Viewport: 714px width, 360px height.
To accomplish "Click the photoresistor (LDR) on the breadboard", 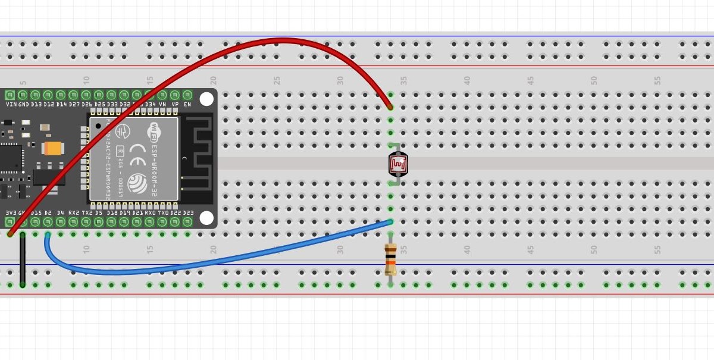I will pyautogui.click(x=398, y=164).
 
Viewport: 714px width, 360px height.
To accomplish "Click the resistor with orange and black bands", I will pyautogui.click(x=390, y=259).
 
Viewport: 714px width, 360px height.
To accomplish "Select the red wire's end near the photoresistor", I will pyautogui.click(x=390, y=107).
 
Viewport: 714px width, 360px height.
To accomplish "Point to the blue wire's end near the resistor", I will pyautogui.click(x=390, y=222).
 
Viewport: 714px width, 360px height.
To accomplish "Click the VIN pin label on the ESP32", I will pyautogui.click(x=10, y=104).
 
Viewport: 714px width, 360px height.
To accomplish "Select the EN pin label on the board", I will pyautogui.click(x=187, y=104).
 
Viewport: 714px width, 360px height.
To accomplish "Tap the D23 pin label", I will pyautogui.click(x=188, y=212).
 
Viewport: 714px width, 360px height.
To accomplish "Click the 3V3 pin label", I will pyautogui.click(x=10, y=212).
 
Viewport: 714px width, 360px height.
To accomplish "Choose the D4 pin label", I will pyautogui.click(x=60, y=212).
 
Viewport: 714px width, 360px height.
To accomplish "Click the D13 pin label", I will pyautogui.click(x=36, y=104).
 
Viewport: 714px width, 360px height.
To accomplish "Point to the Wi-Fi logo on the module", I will pyautogui.click(x=154, y=129).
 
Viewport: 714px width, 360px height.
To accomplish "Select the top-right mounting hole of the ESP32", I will pyautogui.click(x=206, y=99).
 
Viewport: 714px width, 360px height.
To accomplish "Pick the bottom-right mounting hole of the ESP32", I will pyautogui.click(x=206, y=218).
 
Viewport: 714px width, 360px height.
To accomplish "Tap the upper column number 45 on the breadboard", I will pyautogui.click(x=530, y=80).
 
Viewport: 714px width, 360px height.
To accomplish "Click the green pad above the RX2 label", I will pyautogui.click(x=73, y=222).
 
